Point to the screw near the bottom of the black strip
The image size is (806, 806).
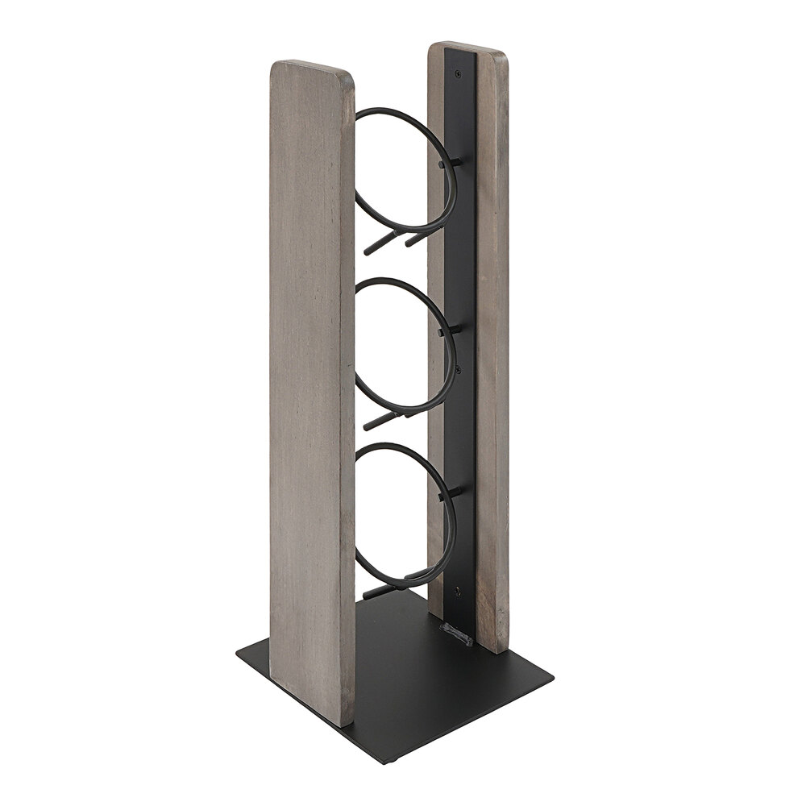point(459,591)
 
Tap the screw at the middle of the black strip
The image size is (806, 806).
point(458,369)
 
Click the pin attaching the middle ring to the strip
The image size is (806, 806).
point(453,330)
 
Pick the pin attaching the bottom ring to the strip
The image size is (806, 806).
point(453,492)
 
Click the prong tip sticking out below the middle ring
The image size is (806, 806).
point(368,426)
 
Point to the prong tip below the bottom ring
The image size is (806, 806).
point(368,596)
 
